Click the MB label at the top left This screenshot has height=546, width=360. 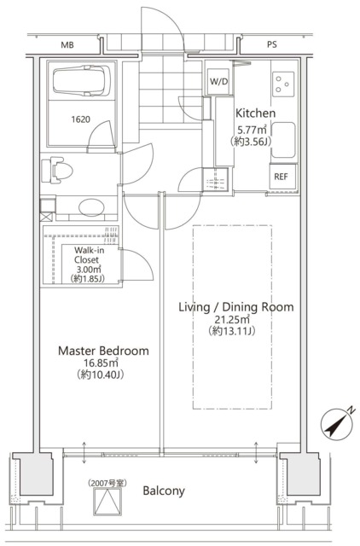point(67,45)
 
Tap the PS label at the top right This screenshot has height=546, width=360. point(272,44)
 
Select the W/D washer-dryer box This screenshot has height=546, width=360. point(219,82)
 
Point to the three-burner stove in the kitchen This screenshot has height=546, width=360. point(282,84)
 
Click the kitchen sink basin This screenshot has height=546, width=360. point(283,140)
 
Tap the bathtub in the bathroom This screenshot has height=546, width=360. point(82,80)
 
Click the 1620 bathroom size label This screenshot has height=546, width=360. point(80,119)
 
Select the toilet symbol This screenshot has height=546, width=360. point(56,171)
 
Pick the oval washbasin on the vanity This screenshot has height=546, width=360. point(91,207)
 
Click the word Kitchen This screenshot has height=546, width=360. point(256,113)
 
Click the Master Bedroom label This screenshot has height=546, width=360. point(103,351)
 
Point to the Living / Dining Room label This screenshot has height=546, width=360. point(236,307)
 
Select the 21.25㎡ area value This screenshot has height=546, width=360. point(232,319)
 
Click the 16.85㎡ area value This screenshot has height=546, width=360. point(101,363)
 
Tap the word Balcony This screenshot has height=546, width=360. point(164,491)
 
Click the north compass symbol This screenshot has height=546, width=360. point(336,424)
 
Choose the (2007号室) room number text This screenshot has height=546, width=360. point(107,483)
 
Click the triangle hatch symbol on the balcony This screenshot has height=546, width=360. point(107,502)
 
